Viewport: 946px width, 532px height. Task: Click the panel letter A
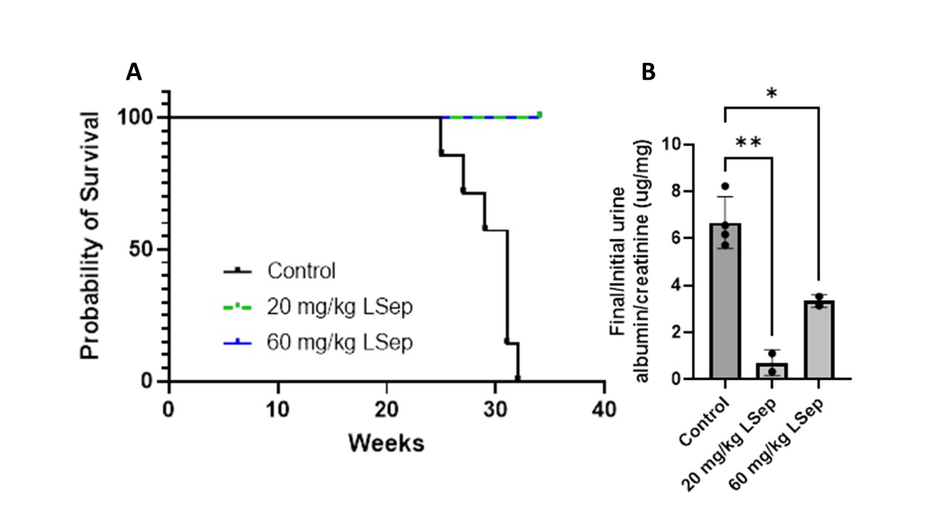134,72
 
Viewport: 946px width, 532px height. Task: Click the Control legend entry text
302,271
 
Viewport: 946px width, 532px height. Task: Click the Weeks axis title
387,443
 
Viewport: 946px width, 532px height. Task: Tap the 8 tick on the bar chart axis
689,191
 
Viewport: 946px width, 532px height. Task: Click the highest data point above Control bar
726,186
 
